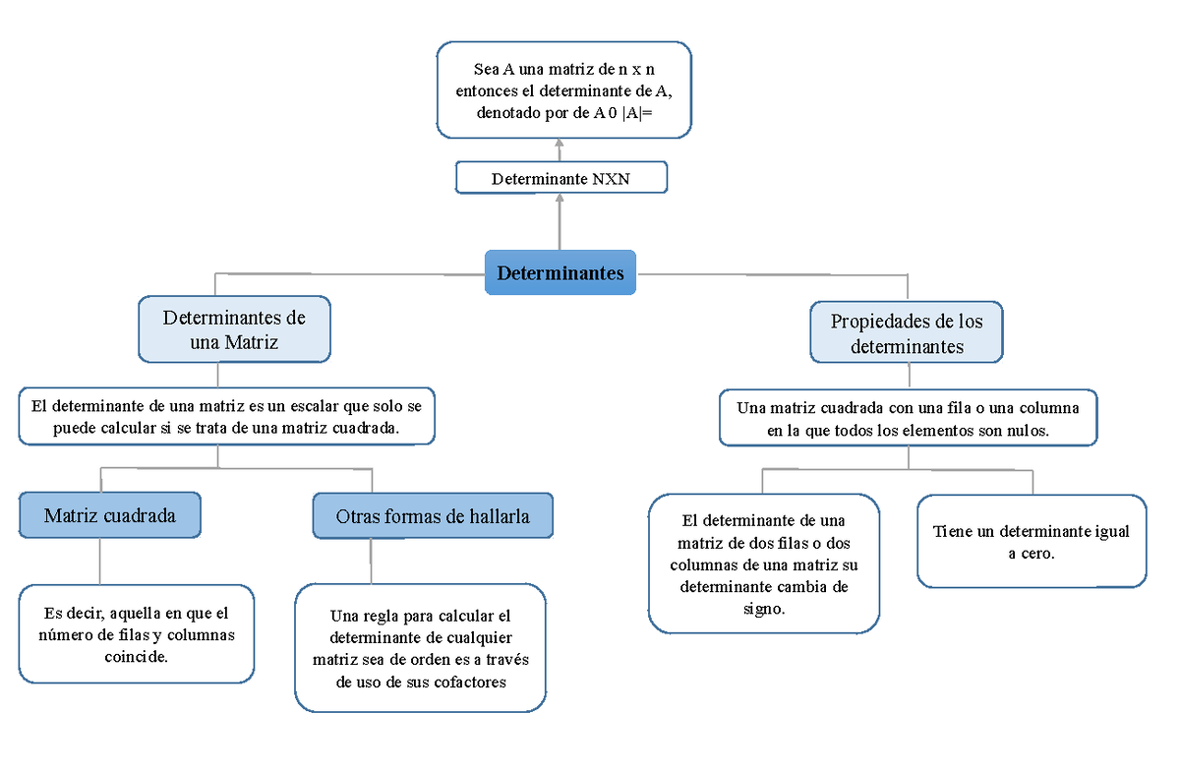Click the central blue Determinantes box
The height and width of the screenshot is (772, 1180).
point(560,272)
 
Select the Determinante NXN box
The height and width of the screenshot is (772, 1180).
point(561,178)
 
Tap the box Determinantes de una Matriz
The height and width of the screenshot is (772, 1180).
point(234,329)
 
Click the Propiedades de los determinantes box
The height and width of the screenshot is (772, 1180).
point(907,333)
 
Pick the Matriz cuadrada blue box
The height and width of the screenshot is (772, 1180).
point(110,515)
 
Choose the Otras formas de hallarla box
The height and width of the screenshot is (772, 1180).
point(433,515)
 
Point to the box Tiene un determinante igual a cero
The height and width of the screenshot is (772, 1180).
point(1032,542)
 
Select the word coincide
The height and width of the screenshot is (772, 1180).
point(136,656)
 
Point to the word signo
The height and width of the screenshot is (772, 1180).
point(764,609)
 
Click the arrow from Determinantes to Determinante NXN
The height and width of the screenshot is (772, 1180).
point(560,223)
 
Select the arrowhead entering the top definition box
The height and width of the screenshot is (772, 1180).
point(560,144)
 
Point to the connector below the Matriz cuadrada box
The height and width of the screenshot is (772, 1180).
point(98,562)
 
